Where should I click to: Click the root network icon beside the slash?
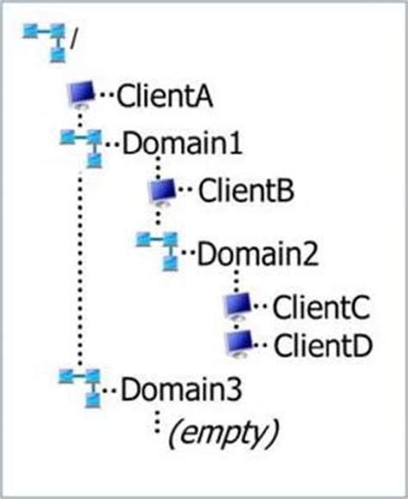click(45, 41)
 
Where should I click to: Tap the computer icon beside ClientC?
click(238, 306)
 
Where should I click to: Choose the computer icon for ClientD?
click(238, 344)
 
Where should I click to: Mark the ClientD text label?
click(322, 345)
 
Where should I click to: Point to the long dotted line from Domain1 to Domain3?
click(80, 267)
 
